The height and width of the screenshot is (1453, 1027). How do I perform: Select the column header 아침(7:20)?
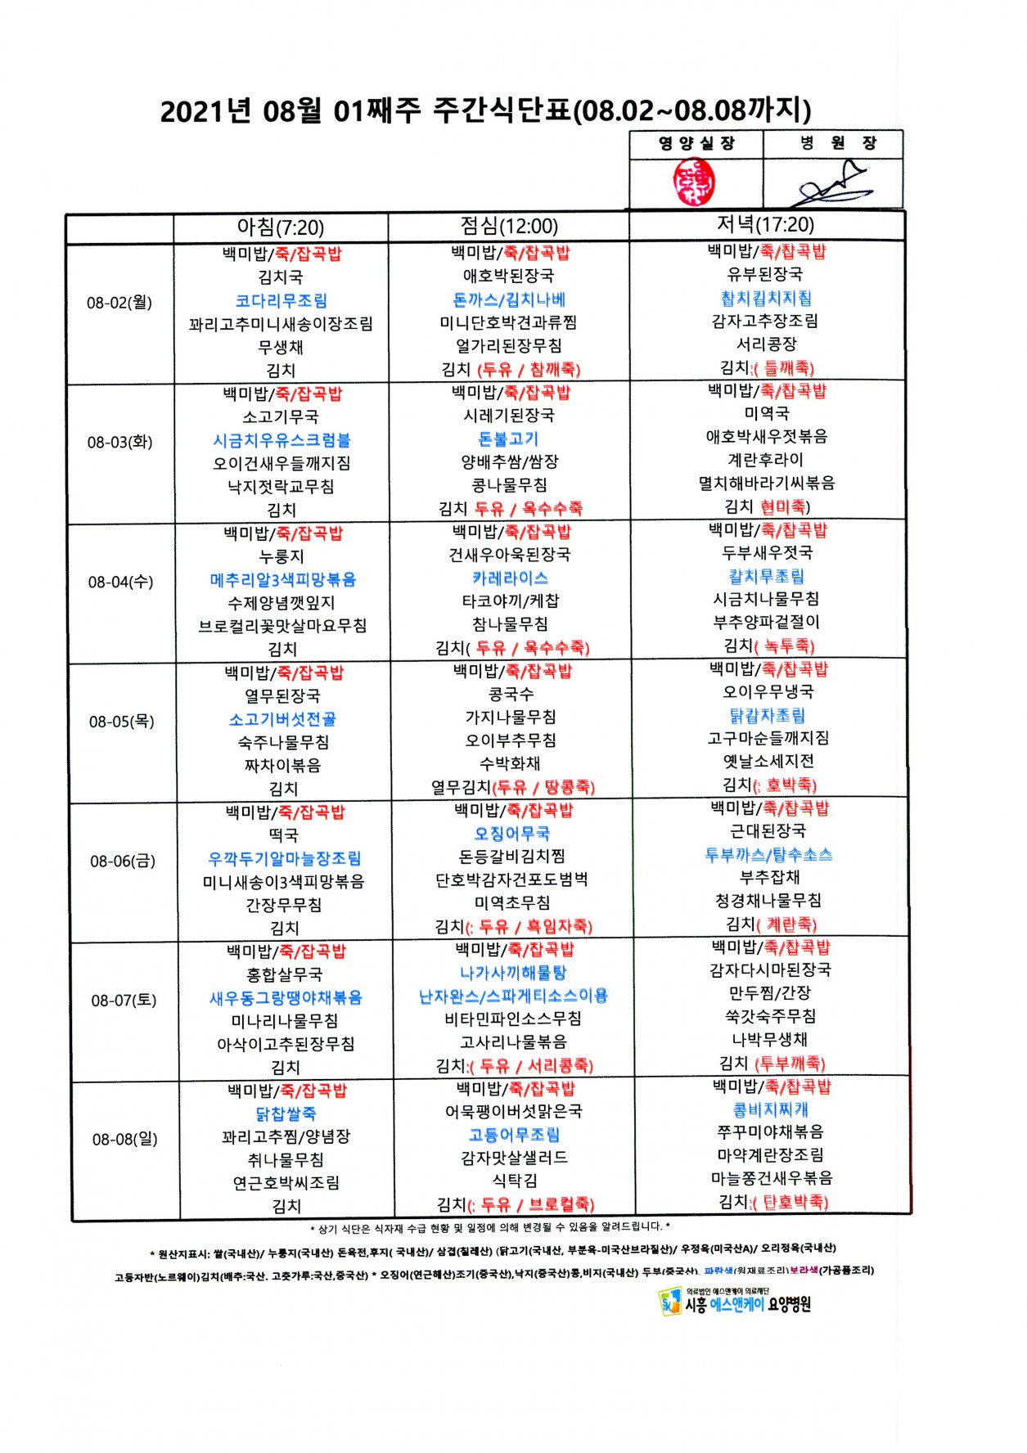pos(280,227)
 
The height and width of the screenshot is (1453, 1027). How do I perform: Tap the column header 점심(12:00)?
pos(508,226)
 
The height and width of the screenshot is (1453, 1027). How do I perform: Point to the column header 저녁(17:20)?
pos(765,224)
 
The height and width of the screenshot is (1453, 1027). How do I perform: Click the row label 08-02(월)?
pos(119,303)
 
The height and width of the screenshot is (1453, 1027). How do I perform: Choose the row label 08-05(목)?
pos(122,722)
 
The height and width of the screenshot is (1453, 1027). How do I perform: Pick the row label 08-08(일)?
pos(124,1139)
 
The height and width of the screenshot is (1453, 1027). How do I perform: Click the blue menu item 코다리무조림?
pos(281,301)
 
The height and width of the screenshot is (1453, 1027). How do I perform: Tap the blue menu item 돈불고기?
pos(508,439)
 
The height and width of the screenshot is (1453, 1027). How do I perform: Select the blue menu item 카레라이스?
pos(510,578)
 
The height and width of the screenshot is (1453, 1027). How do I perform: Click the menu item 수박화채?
pos(510,763)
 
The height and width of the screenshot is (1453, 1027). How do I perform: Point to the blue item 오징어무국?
pos(512,834)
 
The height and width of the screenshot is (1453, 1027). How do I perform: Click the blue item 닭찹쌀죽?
pos(286,1113)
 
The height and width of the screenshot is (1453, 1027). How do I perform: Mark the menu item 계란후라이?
pos(766,460)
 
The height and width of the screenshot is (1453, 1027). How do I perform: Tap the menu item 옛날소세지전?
pos(768,761)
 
